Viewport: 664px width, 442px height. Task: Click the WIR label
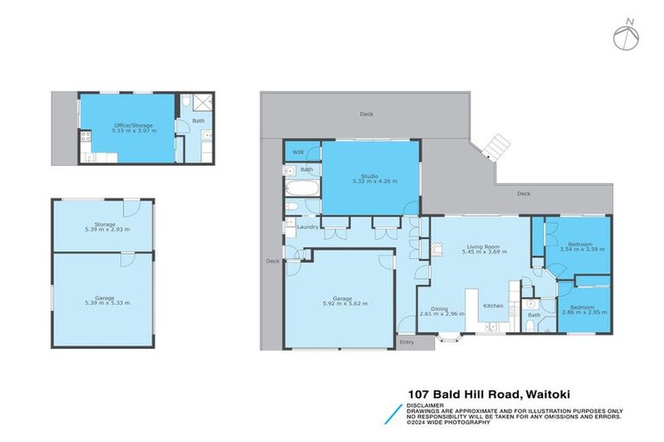pyautogui.click(x=297, y=152)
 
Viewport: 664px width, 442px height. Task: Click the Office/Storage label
pyautogui.click(x=134, y=126)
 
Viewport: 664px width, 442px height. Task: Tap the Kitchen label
pyautogui.click(x=493, y=306)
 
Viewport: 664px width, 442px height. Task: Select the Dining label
pyautogui.click(x=439, y=309)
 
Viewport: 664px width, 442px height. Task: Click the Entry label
pyautogui.click(x=406, y=343)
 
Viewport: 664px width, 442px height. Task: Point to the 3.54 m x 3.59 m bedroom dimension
pyautogui.click(x=579, y=249)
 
